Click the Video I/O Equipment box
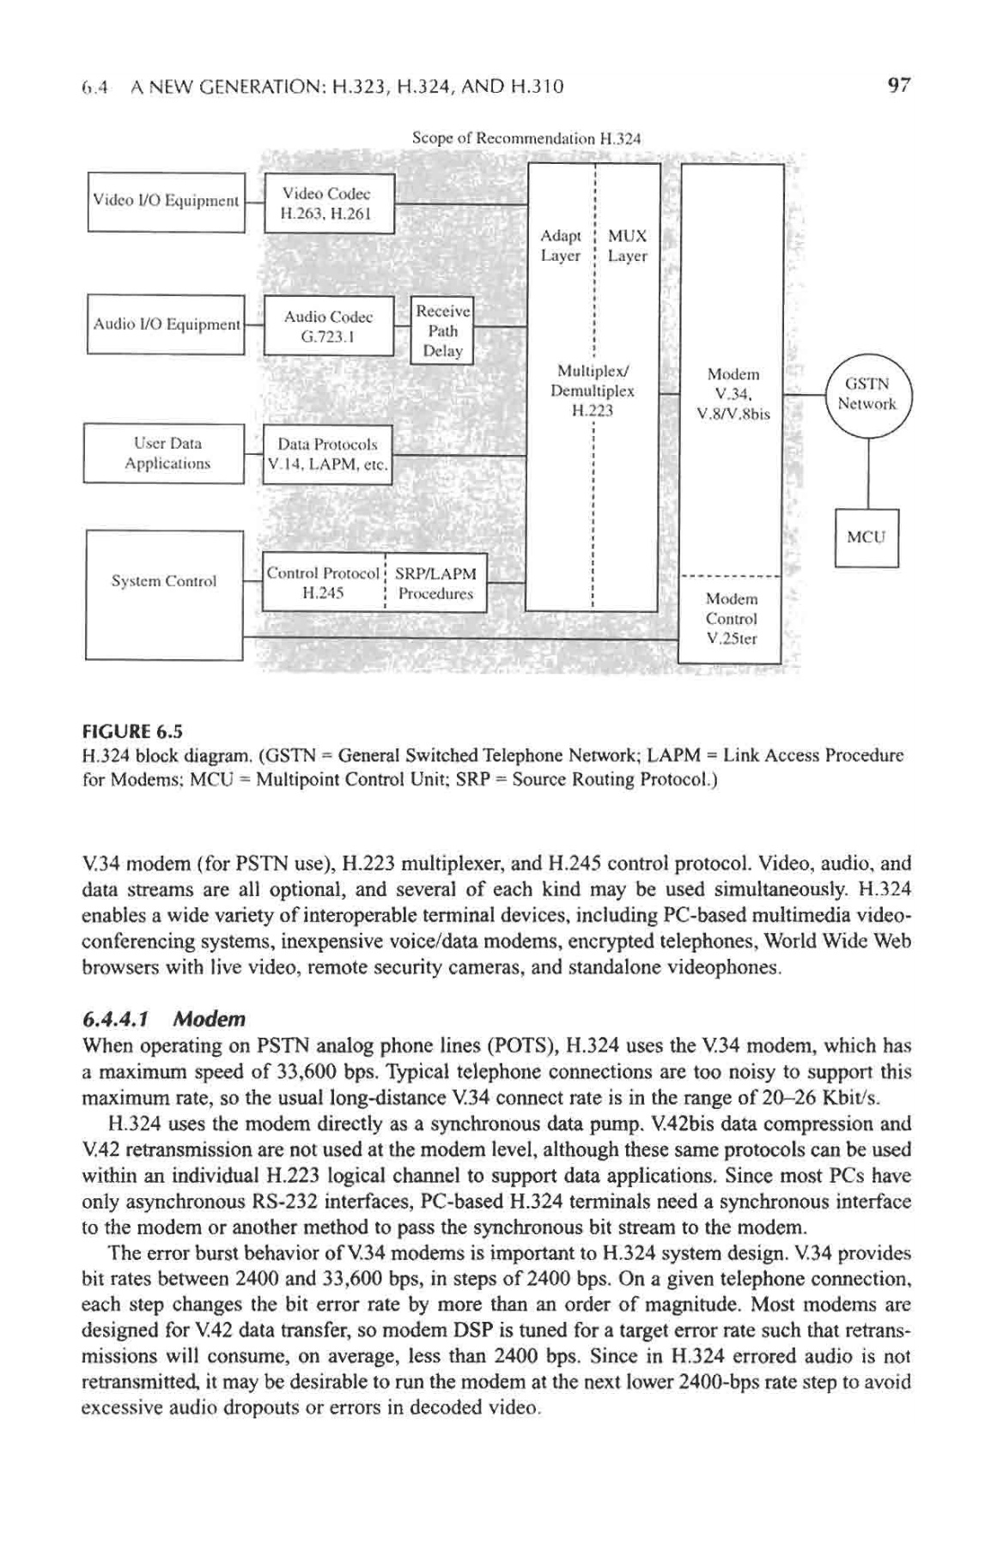pos(167,202)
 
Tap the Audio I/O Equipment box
pos(167,324)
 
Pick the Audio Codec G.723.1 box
pos(327,325)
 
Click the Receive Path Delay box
pos(442,330)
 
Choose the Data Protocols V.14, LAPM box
pos(326,455)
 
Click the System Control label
pos(164,581)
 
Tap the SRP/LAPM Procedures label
pos(437,583)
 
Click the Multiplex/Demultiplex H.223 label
pos(593,391)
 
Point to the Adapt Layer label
pos(561,245)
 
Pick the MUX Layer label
pos(627,245)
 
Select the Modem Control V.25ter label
pos(731,619)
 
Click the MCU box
pos(866,538)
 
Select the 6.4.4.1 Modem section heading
pos(163,1019)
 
